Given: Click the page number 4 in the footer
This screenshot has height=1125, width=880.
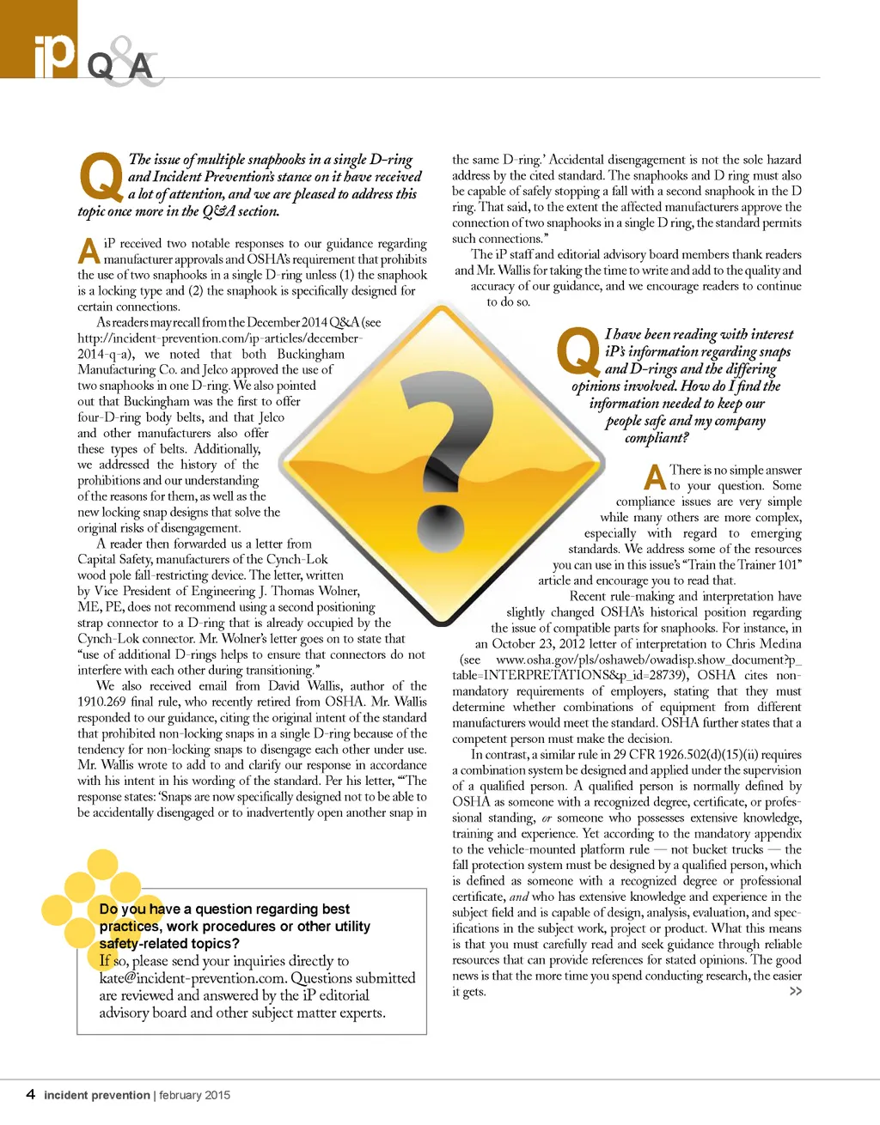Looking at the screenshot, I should [x=31, y=1094].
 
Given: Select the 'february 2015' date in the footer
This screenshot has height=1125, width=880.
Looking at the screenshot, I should [x=194, y=1095].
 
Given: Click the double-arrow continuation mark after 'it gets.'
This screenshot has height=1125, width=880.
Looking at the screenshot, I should [x=795, y=992].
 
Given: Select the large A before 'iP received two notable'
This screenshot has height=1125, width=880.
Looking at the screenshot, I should [x=89, y=251].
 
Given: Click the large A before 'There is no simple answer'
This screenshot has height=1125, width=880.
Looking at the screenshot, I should [x=656, y=477].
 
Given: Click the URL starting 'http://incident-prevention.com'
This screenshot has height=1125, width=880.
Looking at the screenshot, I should [x=219, y=338].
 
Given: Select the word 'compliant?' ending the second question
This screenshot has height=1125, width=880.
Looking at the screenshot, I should [x=657, y=438].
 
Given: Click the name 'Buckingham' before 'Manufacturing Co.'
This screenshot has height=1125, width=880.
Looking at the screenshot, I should [x=310, y=354].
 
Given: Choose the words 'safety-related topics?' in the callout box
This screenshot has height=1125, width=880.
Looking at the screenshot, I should [x=169, y=944].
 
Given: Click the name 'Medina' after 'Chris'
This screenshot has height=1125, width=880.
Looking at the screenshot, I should [x=780, y=644].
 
